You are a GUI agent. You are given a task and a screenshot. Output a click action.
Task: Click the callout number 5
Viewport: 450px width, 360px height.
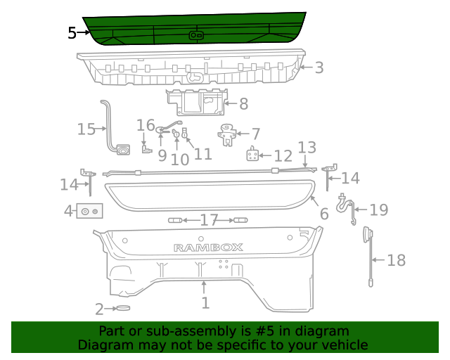72,32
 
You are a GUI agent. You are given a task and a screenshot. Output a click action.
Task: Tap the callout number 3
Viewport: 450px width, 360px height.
319,67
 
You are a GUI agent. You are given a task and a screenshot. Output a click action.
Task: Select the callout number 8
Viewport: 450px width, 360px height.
243,104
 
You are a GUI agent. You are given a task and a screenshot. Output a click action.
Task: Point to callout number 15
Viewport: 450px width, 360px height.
86,129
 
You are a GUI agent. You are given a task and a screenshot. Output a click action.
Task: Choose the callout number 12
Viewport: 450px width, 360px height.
283,156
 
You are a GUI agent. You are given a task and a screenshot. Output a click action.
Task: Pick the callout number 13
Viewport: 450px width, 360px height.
307,148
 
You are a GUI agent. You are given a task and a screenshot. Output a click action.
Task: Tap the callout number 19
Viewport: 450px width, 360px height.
379,210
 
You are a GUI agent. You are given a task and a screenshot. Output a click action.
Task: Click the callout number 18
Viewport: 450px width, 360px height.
397,260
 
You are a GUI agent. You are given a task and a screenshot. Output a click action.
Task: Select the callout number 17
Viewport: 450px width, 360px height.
209,221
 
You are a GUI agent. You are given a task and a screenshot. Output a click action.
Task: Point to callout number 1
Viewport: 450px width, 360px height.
205,303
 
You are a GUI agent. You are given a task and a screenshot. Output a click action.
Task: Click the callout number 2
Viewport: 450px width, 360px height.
100,309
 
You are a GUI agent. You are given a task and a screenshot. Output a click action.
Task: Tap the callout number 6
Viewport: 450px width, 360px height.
323,214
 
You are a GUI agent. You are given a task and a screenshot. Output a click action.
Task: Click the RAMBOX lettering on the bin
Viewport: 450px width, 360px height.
208,247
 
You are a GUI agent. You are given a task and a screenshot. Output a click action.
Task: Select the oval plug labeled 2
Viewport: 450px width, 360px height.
124,308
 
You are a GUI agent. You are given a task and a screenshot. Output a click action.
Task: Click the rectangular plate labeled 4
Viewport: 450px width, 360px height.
90,210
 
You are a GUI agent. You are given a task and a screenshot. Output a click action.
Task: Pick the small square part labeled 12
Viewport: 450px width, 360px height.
253,155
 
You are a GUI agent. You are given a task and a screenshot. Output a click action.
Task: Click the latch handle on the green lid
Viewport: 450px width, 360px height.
196,35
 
